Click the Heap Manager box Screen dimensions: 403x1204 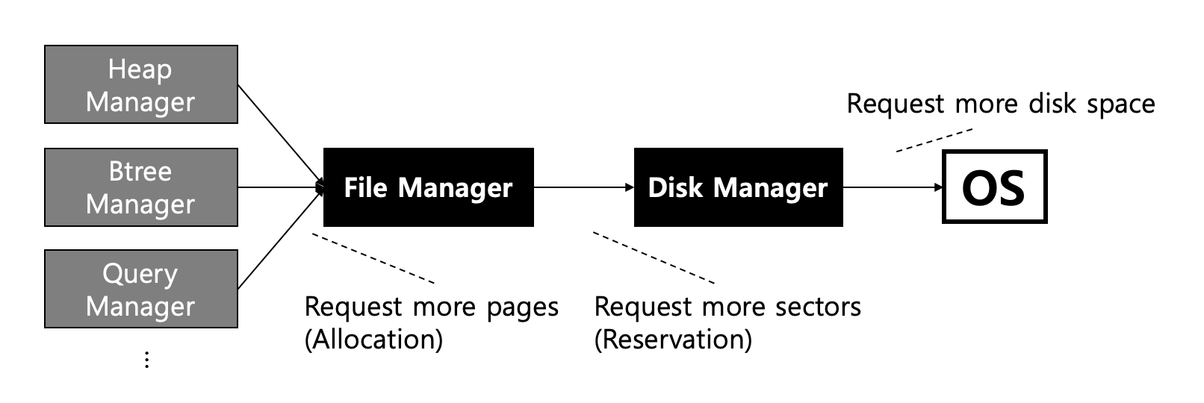pos(141,84)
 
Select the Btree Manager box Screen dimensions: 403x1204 pos(141,187)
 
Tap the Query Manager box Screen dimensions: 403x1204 pos(141,289)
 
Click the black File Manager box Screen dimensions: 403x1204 pos(428,187)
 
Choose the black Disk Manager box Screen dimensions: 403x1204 pos(738,187)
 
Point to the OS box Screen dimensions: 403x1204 pos(994,187)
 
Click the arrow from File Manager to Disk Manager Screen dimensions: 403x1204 pos(583,187)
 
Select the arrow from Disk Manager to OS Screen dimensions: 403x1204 pos(893,187)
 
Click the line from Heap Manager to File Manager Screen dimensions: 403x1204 pos(278,134)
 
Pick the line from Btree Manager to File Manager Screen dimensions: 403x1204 pos(278,187)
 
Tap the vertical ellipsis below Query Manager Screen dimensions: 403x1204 pos(146,360)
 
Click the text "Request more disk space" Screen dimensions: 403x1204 pos(1000,104)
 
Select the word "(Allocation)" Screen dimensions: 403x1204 pos(373,340)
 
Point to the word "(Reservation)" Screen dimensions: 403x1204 pos(673,340)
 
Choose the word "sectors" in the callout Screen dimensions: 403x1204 pos(818,307)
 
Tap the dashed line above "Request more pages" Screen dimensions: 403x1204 pos(373,259)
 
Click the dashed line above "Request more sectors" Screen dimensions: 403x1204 pos(654,258)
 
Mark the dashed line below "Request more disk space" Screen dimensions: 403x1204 pos(934,140)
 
